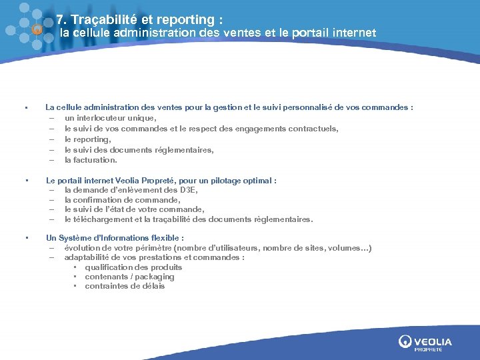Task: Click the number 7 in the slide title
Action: (60, 20)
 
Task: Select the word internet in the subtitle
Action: (352, 33)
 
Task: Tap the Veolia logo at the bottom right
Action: (425, 343)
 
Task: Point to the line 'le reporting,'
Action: (87, 139)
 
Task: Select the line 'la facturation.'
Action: (91, 160)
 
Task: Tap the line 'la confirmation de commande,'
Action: (122, 200)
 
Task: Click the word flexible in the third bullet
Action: (167, 238)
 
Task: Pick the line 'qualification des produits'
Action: (133, 267)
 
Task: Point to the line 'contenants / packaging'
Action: (129, 277)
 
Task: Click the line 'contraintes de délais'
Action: (125, 287)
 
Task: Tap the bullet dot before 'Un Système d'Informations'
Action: (25, 238)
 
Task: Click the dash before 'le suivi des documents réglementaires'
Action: (51, 150)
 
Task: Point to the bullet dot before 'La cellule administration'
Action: (25, 107)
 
